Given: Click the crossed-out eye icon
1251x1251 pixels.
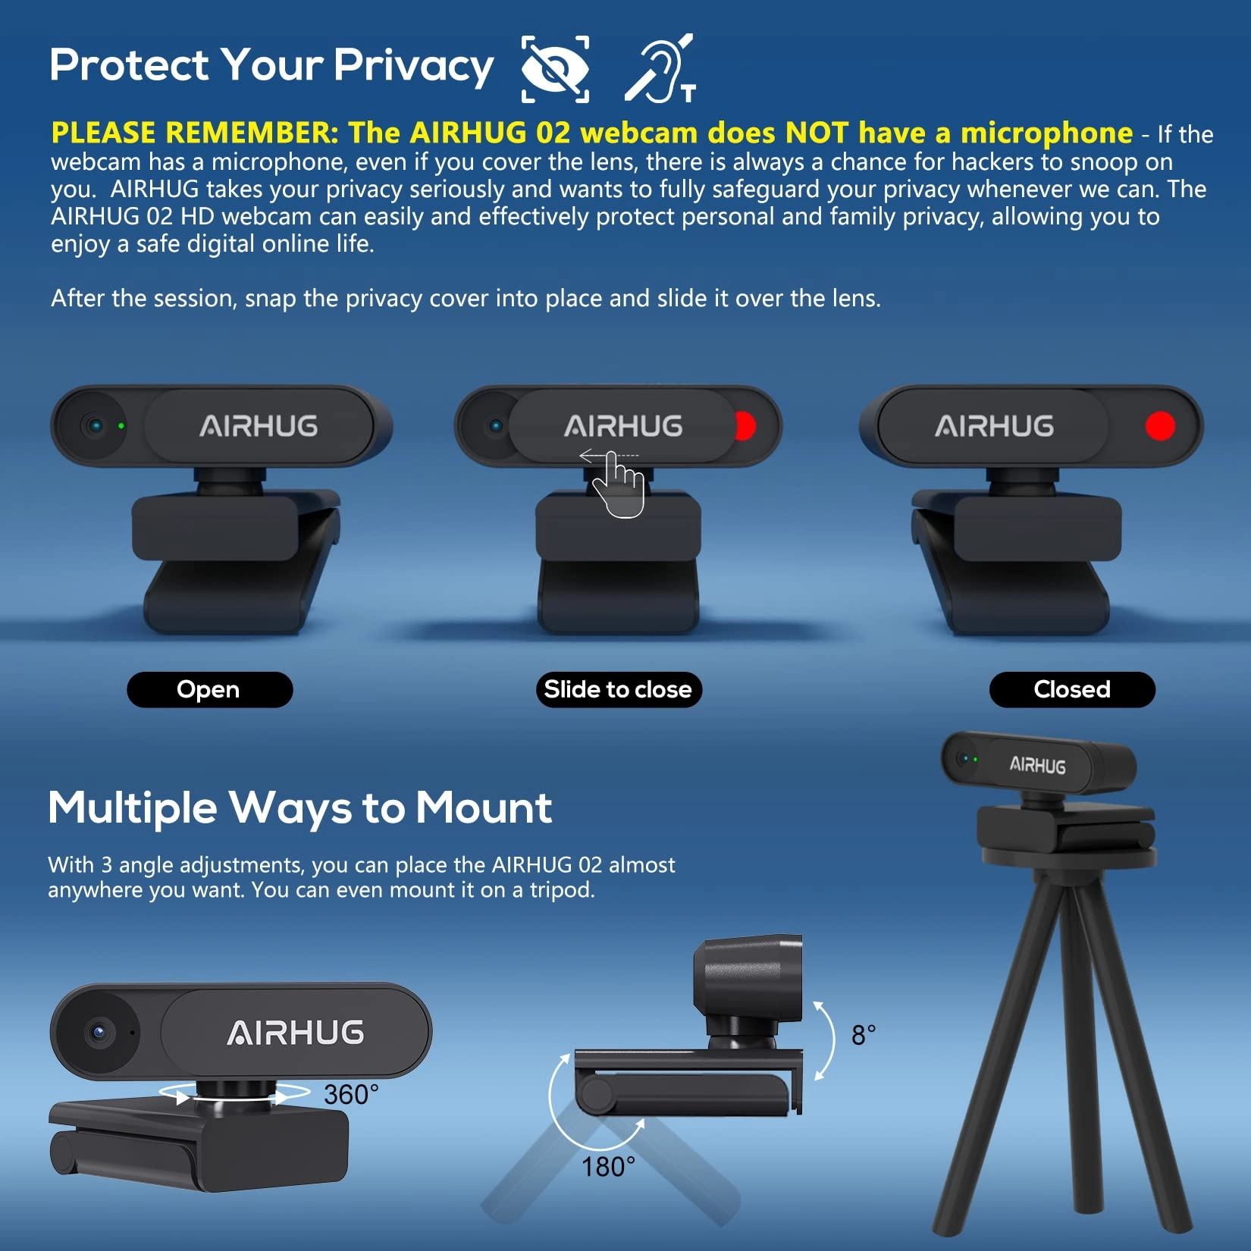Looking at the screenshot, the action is click(556, 68).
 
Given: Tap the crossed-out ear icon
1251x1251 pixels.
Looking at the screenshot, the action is click(660, 68).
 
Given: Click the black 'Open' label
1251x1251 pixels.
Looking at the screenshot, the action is click(209, 689).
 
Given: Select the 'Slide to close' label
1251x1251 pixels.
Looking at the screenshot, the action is click(618, 689).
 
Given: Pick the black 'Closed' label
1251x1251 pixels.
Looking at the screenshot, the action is click(1072, 689).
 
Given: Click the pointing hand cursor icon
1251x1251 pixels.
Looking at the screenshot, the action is click(618, 485).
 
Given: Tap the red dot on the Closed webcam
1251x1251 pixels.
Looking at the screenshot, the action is click(1160, 426).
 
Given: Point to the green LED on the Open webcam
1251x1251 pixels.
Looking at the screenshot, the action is click(121, 426).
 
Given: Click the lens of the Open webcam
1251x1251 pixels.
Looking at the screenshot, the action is click(95, 425).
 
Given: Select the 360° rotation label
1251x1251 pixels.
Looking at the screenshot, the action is click(351, 1095).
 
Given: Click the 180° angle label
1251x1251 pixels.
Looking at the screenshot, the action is click(608, 1167).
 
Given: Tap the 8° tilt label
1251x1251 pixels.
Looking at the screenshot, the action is click(864, 1035).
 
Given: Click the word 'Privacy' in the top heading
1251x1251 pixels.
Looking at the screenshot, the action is click(413, 67).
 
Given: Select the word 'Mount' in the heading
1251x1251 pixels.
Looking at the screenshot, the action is click(484, 807).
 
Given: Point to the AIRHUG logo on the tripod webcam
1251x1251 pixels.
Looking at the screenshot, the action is click(1037, 765).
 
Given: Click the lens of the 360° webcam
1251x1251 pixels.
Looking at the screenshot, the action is click(99, 1032).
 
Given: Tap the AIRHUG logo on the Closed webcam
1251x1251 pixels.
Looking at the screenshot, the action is click(994, 426).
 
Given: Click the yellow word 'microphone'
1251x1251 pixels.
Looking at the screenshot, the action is click(1046, 133).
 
